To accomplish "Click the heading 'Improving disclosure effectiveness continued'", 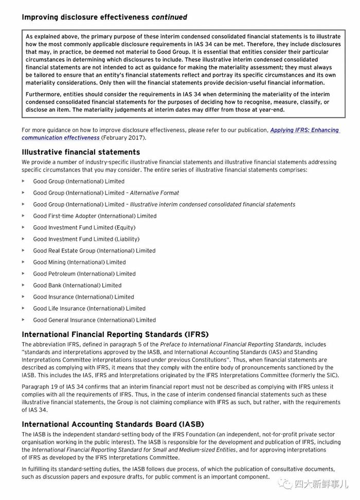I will (104, 17).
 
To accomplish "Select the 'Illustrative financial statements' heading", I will (81, 152).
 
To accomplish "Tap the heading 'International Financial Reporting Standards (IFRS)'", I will (115, 334).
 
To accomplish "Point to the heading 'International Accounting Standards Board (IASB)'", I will (113, 424).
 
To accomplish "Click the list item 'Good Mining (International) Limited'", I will (79, 262).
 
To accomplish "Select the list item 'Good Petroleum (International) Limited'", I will (84, 274).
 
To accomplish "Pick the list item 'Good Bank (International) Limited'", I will (77, 285).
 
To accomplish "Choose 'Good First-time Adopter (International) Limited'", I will (95, 216).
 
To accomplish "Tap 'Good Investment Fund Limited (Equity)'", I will (84, 227).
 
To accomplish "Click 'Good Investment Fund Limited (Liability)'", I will (86, 239).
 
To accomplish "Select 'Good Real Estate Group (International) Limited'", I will (94, 251).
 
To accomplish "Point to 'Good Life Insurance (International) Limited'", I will (89, 309).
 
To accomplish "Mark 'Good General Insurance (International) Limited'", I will (94, 320).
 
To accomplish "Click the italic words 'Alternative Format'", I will (154, 193).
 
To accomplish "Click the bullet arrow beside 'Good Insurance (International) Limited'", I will (23, 297).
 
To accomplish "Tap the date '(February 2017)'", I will (123, 138).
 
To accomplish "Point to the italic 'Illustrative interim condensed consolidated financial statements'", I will (212, 205).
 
